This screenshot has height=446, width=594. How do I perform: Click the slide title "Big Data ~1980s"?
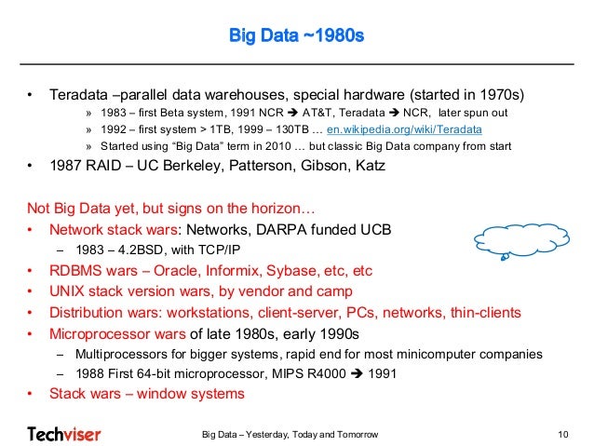[x=296, y=38]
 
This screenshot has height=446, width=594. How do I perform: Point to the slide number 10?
[x=561, y=434]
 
